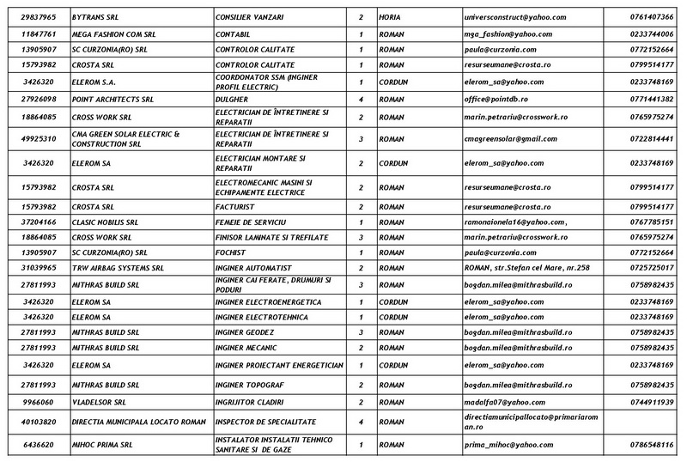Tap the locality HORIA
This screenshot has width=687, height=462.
[390, 17]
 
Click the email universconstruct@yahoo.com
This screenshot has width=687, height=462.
[502, 17]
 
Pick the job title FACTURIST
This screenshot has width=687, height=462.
[235, 206]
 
